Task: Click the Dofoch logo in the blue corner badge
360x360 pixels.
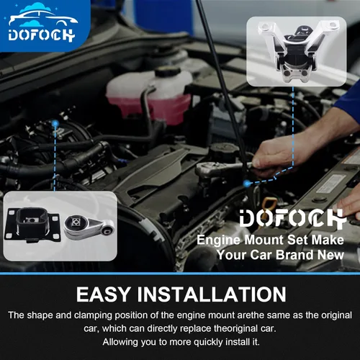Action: click(41, 22)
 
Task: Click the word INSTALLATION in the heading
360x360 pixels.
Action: click(212, 294)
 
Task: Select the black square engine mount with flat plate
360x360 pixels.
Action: click(32, 225)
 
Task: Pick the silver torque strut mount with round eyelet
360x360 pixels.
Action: click(89, 227)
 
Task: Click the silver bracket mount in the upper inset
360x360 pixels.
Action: click(297, 51)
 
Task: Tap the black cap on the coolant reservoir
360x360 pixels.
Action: click(168, 71)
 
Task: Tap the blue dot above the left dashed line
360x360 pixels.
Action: click(55, 124)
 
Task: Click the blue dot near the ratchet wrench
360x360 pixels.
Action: click(247, 184)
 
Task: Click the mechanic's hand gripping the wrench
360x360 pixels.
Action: click(276, 153)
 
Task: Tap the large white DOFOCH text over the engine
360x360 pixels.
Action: click(293, 218)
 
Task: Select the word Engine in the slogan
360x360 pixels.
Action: click(218, 240)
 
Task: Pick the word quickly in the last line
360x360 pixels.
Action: click(208, 342)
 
